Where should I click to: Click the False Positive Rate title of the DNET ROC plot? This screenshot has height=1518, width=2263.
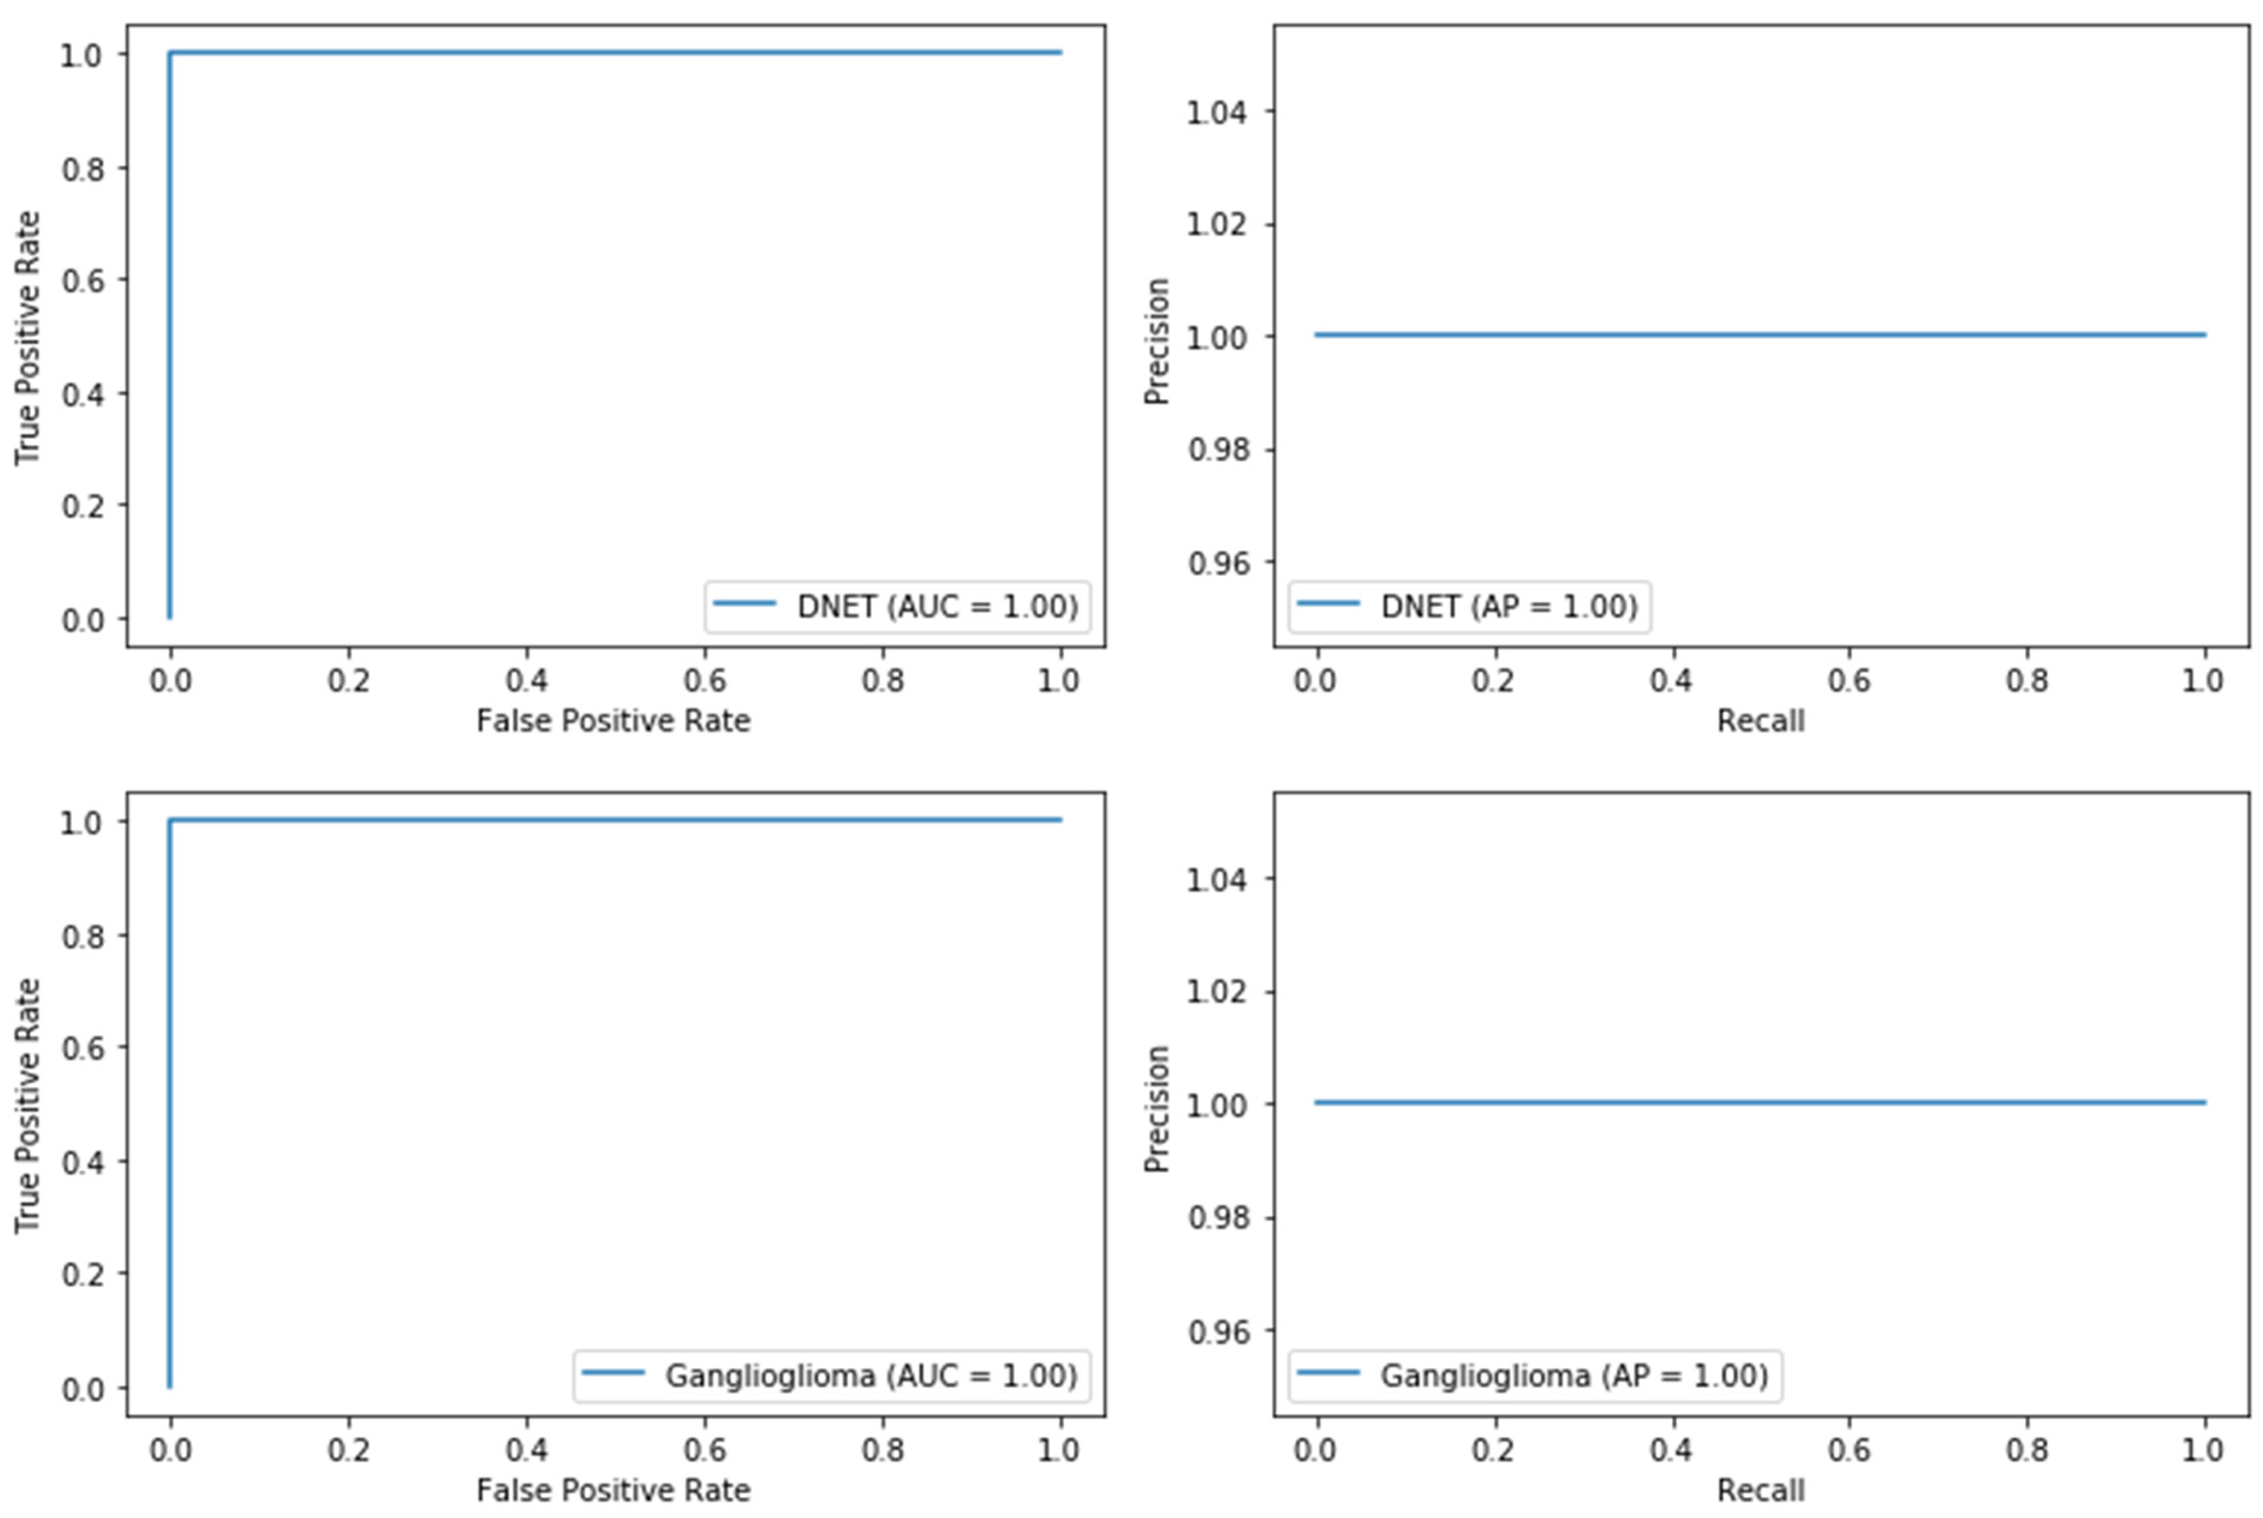[x=613, y=721]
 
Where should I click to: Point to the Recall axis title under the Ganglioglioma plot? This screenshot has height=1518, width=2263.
[x=1760, y=1489]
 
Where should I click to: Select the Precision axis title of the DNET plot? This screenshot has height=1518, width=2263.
[x=1157, y=341]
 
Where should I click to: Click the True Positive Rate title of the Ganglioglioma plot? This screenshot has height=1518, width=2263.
[x=27, y=1105]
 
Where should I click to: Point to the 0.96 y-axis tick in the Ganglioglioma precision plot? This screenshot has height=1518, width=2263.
[x=1217, y=1332]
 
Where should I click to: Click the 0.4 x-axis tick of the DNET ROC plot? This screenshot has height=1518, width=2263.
[x=526, y=680]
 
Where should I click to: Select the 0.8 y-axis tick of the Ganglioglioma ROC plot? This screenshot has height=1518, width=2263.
[x=82, y=936]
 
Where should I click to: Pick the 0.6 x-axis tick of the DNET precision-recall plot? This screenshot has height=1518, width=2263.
[x=1849, y=680]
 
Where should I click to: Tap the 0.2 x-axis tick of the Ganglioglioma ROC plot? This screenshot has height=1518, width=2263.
[x=348, y=1450]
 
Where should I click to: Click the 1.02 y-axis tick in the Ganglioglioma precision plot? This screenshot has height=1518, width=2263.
[x=1217, y=993]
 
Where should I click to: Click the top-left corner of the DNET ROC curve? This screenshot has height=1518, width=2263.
[x=171, y=53]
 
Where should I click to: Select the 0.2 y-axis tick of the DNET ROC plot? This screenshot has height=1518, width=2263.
[x=82, y=506]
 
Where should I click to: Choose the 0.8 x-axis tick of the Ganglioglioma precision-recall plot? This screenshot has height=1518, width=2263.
[x=2027, y=1450]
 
